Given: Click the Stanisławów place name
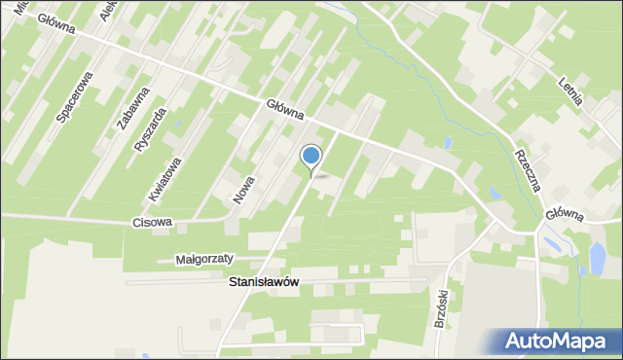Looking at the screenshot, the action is [x=263, y=281].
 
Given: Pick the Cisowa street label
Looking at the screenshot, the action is [x=153, y=222].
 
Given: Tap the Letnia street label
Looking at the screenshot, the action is [x=576, y=94].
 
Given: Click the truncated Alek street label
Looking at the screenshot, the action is [x=107, y=11].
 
